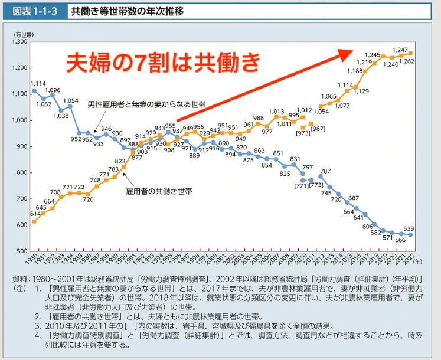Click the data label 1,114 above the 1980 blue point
pos(38,84)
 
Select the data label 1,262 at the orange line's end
pos(406,61)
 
